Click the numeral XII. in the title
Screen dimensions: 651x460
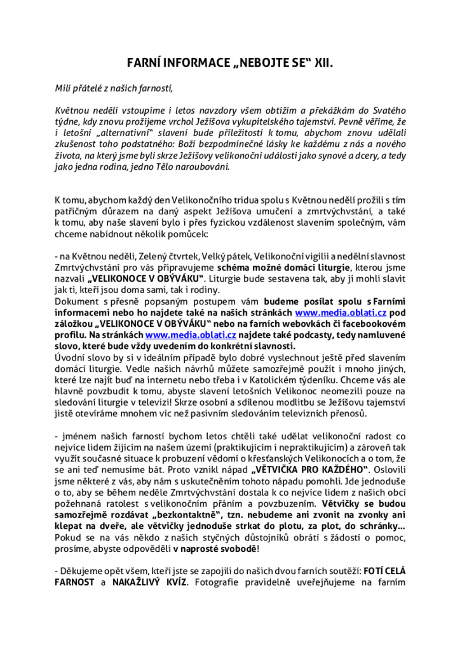(321, 64)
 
